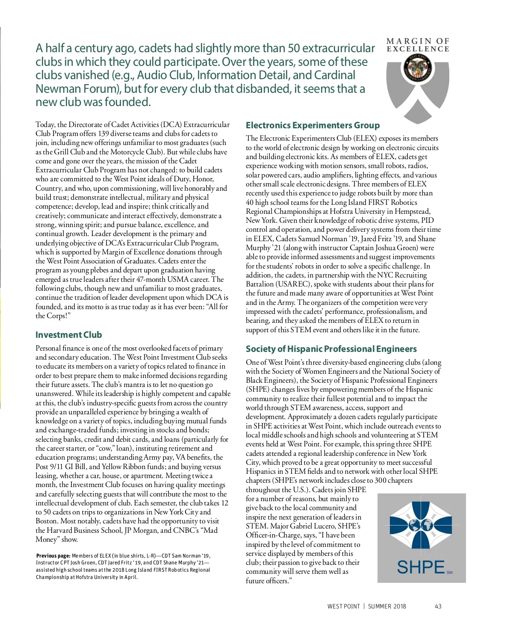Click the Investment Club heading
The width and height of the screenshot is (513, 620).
[68, 335]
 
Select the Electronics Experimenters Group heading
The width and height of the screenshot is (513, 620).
[313, 125]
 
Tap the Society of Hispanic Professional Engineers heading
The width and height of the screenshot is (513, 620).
[331, 349]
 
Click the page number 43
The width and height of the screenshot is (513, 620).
[438, 606]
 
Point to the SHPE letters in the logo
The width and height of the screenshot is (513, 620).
[421, 567]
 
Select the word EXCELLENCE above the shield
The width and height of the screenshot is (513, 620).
[418, 49]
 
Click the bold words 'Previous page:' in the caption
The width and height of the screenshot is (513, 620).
[53, 556]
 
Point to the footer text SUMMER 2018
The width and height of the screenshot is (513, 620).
[387, 606]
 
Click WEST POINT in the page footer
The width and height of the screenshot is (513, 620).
[343, 606]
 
